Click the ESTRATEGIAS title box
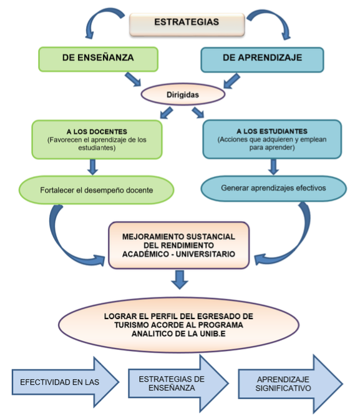click(187, 24)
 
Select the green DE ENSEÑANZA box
click(98, 59)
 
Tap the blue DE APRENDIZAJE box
click(262, 60)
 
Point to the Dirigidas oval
click(183, 94)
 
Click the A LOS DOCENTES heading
click(97, 132)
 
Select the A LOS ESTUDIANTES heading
click(272, 131)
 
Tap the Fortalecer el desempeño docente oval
click(96, 190)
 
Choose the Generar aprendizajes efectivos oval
click(273, 188)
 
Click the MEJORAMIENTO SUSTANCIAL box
click(179, 245)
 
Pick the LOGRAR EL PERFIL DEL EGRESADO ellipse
click(178, 325)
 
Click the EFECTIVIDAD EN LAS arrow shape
click(66, 382)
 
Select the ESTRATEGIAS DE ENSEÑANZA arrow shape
click(178, 383)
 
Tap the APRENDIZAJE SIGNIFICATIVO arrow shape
click(291, 384)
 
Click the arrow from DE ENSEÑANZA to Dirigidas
click(133, 79)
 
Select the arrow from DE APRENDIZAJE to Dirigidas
click(231, 81)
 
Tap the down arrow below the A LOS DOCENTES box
click(92, 167)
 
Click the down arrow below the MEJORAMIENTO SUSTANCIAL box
click(180, 280)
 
